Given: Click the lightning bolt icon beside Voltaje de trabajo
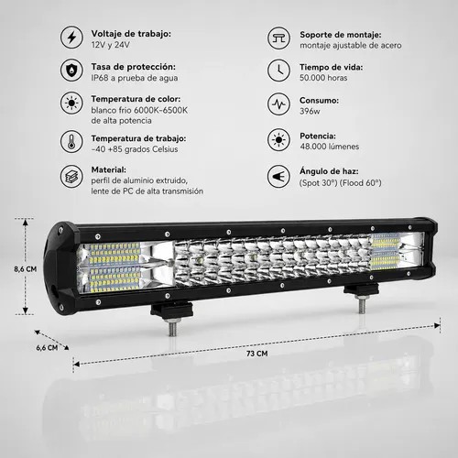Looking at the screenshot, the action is click(71, 38).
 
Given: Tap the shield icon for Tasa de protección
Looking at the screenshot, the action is click(71, 71).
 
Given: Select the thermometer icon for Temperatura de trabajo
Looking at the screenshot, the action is click(71, 142).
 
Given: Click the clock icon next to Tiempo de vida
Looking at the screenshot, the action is click(278, 71).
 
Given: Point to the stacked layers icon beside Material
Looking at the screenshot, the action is click(71, 176).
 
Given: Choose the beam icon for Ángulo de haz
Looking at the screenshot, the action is click(278, 176).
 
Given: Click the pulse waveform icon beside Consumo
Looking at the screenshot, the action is click(278, 104).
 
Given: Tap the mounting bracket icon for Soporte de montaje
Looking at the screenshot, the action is click(278, 38).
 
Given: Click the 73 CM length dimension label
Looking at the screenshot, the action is click(257, 354).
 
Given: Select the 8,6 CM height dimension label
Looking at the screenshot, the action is click(26, 269).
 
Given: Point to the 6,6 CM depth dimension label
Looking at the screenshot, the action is click(47, 347).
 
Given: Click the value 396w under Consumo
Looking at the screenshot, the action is click(310, 111).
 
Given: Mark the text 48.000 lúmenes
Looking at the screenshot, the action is click(329, 147).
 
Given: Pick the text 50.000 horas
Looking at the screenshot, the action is click(323, 78).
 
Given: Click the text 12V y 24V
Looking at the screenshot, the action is click(110, 45).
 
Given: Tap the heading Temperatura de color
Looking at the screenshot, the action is click(136, 99).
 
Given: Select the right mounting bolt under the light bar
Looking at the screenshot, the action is click(361, 304).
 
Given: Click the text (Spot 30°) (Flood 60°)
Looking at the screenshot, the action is click(341, 183).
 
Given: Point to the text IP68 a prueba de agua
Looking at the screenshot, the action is click(135, 78).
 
